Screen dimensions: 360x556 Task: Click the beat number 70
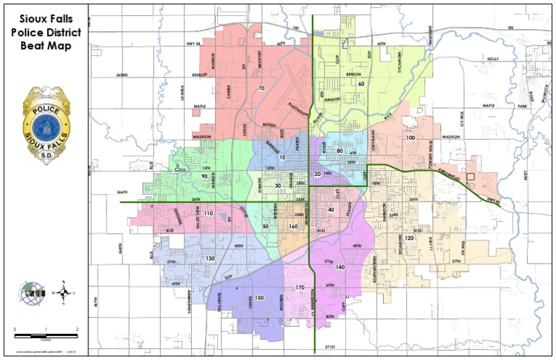(261, 88)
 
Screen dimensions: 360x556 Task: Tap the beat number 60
(361, 84)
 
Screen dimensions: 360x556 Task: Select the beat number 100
(410, 137)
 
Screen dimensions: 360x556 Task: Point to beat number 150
(258, 298)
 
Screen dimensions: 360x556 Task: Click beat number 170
(300, 288)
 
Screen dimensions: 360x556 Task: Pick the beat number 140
(340, 267)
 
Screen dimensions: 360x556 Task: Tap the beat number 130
(211, 259)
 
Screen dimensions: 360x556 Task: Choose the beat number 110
(208, 214)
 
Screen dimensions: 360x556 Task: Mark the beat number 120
(409, 238)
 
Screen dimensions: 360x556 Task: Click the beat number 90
(205, 176)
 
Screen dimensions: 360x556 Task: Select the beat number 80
(340, 151)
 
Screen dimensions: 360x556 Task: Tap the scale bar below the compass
(46, 335)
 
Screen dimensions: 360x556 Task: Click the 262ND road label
(121, 75)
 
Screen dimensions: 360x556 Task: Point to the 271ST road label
(332, 347)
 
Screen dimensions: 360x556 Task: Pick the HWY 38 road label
(193, 44)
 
